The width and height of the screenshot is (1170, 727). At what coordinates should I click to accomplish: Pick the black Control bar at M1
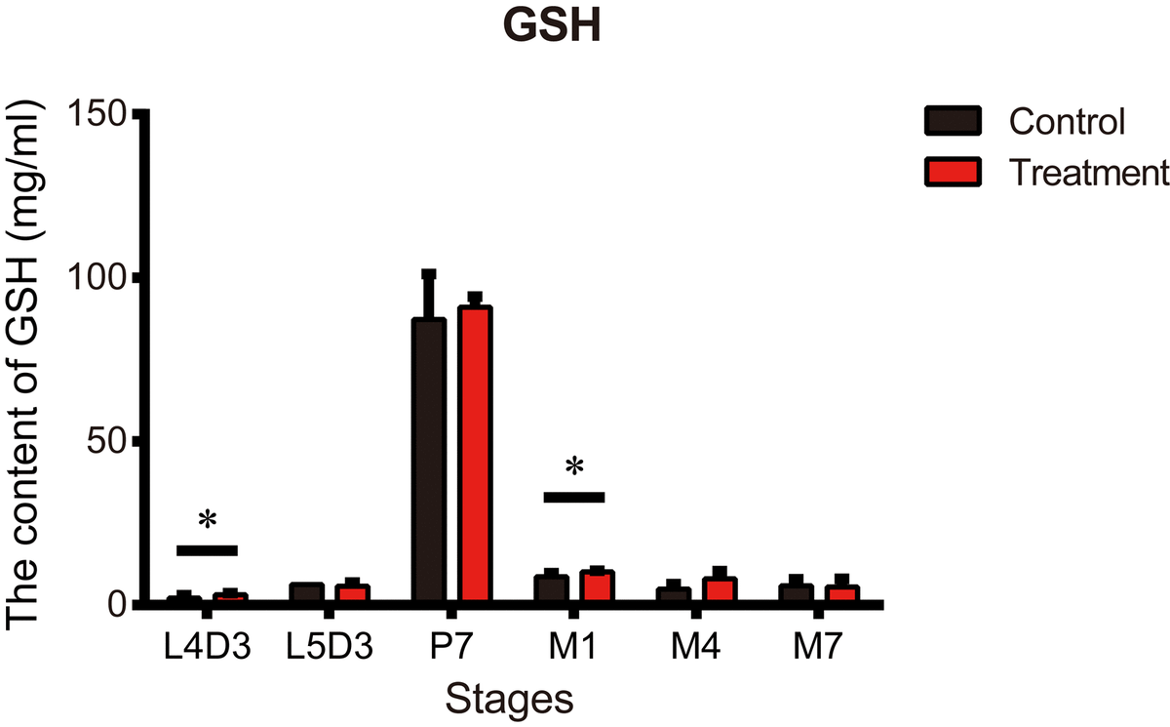click(551, 589)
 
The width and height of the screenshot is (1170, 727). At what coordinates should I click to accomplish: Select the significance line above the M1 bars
click(574, 497)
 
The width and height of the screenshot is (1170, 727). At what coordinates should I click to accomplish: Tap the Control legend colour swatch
click(953, 122)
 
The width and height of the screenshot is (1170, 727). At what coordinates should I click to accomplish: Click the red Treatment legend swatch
click(953, 172)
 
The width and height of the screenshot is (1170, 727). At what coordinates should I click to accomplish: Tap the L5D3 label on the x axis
click(329, 648)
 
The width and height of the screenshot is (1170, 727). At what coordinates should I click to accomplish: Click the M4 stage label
click(695, 648)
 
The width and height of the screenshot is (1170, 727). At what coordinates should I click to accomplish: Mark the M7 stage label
click(818, 648)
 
